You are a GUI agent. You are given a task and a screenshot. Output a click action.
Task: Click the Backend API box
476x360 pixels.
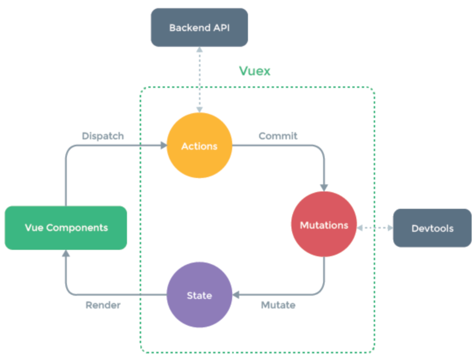(x=199, y=27)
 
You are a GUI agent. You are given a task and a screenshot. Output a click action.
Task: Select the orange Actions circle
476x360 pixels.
(x=199, y=146)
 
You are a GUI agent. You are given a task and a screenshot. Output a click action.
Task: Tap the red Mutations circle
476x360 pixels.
(x=324, y=225)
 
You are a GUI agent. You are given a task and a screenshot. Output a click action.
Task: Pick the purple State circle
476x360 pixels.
(x=199, y=295)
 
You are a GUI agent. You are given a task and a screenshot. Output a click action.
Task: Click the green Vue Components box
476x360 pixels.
(x=66, y=228)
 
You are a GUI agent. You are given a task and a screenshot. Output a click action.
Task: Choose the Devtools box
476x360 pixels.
(x=432, y=228)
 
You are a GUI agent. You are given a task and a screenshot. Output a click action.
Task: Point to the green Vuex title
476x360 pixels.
(x=255, y=71)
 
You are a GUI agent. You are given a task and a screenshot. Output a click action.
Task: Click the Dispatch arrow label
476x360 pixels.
(x=103, y=136)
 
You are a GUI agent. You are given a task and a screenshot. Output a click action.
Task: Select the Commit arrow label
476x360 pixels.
(x=278, y=136)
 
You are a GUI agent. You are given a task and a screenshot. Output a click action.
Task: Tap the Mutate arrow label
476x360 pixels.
(x=278, y=305)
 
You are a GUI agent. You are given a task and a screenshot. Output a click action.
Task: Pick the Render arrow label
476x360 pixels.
(x=103, y=305)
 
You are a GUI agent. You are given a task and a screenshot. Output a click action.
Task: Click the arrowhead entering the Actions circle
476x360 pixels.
(x=163, y=146)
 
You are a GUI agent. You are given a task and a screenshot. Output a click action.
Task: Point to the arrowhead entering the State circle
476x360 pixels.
(x=236, y=295)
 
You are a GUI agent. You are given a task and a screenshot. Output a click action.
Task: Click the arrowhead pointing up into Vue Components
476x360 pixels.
(x=66, y=253)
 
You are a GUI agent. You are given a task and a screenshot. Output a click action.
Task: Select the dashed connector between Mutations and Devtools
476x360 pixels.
(x=375, y=228)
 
